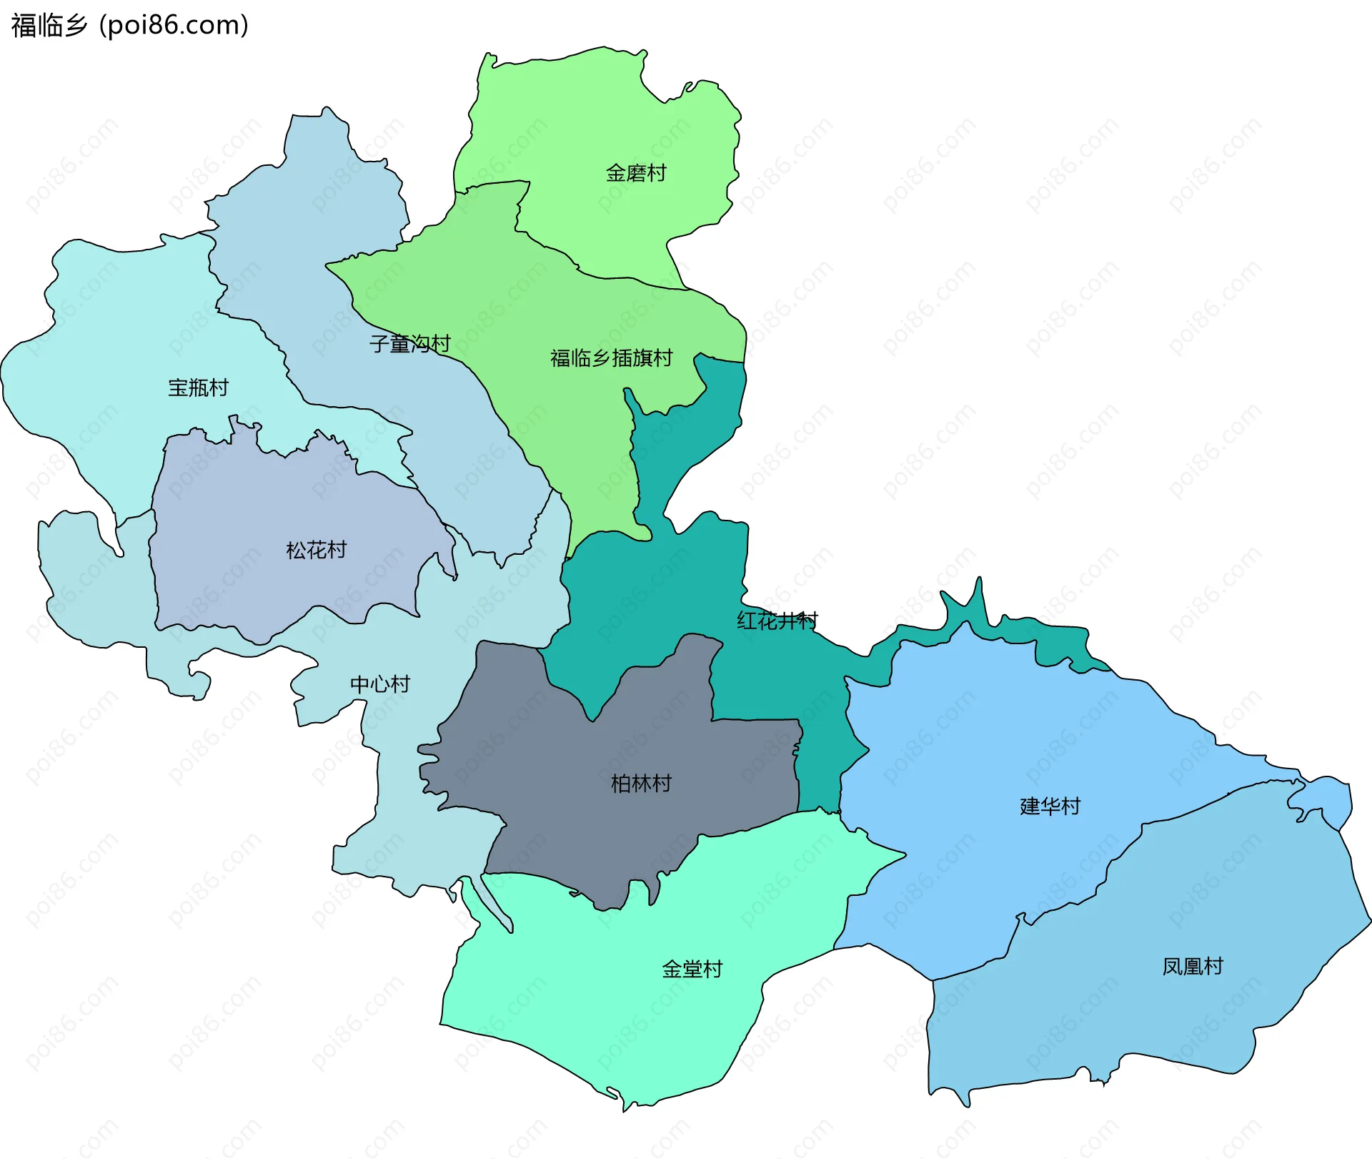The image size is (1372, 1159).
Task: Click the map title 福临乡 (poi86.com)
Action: pyautogui.click(x=130, y=26)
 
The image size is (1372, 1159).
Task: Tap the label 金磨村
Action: pyautogui.click(x=635, y=173)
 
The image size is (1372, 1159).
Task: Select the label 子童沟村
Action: pyautogui.click(x=409, y=344)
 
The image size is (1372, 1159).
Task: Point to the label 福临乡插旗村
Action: pyautogui.click(x=611, y=357)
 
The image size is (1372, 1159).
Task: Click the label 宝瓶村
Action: pyautogui.click(x=198, y=388)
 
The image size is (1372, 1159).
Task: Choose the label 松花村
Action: pyautogui.click(x=316, y=550)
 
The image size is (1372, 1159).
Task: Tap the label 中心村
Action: pyautogui.click(x=380, y=684)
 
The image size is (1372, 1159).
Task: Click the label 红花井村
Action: pyautogui.click(x=777, y=620)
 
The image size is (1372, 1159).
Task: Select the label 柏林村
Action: pyautogui.click(x=641, y=784)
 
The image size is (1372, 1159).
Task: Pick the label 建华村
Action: pyautogui.click(x=1050, y=807)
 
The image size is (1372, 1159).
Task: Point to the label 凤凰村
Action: pyautogui.click(x=1193, y=967)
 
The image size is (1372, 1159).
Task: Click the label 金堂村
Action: pyautogui.click(x=692, y=970)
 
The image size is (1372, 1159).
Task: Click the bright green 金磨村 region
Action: pyautogui.click(x=607, y=114)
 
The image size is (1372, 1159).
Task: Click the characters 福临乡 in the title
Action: pyautogui.click(x=49, y=26)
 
